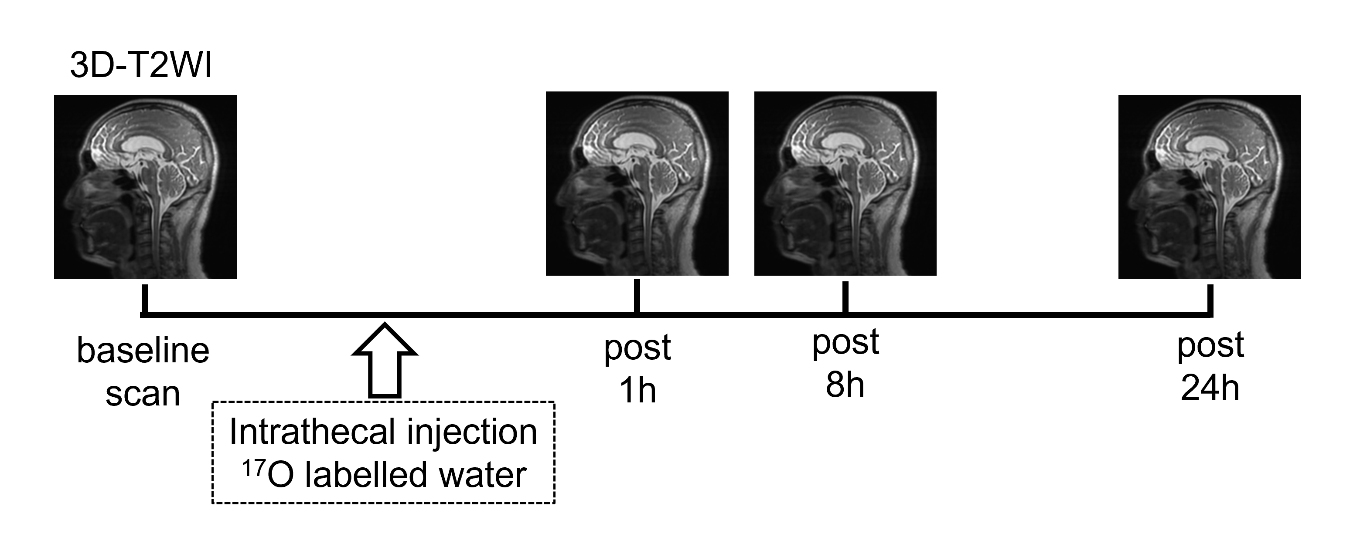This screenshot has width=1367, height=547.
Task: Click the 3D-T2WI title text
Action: click(141, 67)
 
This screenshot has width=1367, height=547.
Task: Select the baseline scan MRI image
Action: click(145, 186)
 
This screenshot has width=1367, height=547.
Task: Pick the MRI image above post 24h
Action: click(1210, 186)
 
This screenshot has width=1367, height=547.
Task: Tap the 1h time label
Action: click(637, 391)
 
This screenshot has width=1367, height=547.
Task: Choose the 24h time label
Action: click(1210, 388)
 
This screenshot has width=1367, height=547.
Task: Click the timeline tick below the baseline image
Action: click(144, 300)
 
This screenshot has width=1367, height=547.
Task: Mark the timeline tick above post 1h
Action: click(637, 296)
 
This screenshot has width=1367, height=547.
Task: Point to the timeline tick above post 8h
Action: click(845, 297)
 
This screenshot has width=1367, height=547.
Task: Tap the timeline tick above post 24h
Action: click(1210, 300)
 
